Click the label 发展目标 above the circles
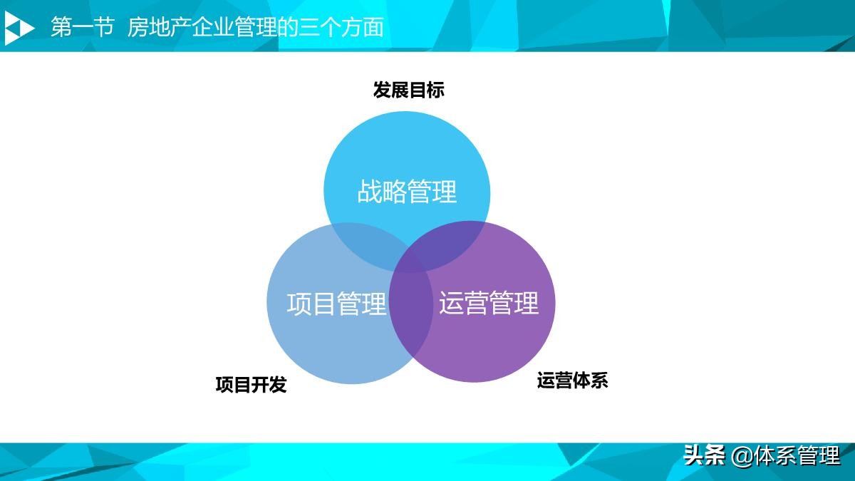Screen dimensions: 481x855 point(408,90)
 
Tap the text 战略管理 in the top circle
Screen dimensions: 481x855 point(407,192)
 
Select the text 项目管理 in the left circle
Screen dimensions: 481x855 point(336,304)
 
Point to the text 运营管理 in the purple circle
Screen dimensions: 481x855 point(489,304)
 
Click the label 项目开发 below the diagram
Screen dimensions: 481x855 point(251,385)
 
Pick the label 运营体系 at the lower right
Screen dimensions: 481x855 point(572,380)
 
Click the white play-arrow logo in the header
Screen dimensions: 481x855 point(19,28)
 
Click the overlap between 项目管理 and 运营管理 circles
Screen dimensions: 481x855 point(411,314)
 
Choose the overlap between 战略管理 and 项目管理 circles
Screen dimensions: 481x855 point(363,246)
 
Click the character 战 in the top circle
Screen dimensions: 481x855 point(370,192)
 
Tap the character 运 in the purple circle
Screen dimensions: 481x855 point(452,304)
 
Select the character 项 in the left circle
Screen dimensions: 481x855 point(299,304)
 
